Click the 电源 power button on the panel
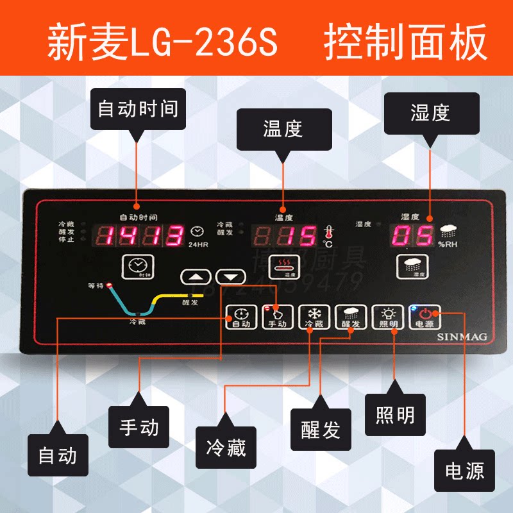(x=425, y=317)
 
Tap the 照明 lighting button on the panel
(x=388, y=317)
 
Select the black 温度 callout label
(x=283, y=129)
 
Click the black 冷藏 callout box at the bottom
(x=225, y=447)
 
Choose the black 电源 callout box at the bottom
(x=465, y=471)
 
